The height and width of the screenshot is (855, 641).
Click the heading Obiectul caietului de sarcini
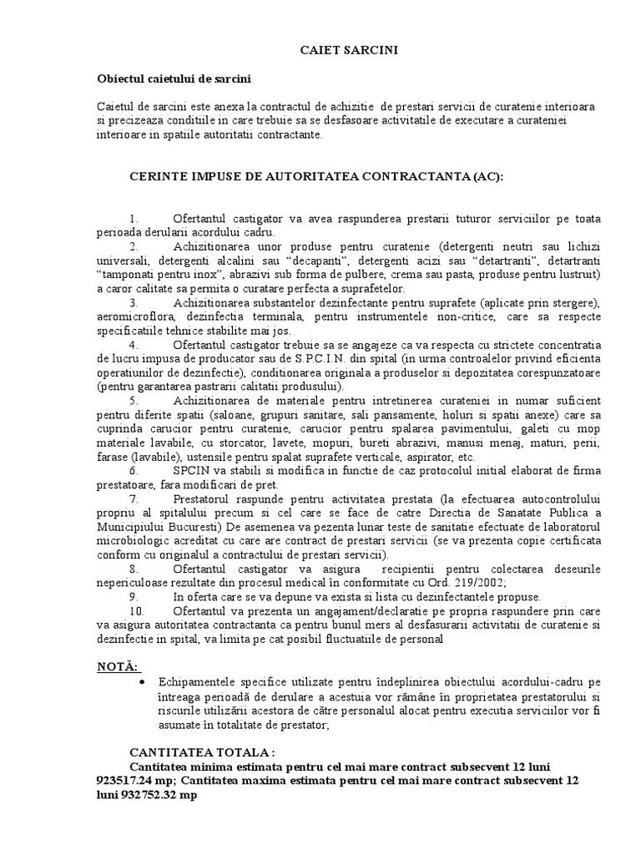(x=174, y=79)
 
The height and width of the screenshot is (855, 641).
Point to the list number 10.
(x=136, y=610)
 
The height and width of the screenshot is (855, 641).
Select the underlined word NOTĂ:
(x=118, y=665)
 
